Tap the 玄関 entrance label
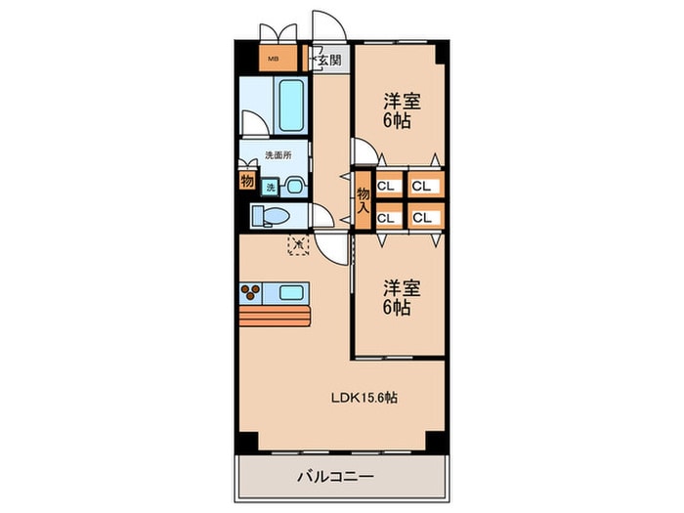click(329, 60)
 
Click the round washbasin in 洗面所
click(292, 182)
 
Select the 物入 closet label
click(363, 201)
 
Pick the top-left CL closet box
click(386, 185)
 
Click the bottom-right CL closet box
click(422, 217)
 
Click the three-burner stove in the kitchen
click(253, 291)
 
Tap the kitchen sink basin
click(290, 291)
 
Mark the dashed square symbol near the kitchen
click(298, 244)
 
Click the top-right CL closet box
click(422, 185)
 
